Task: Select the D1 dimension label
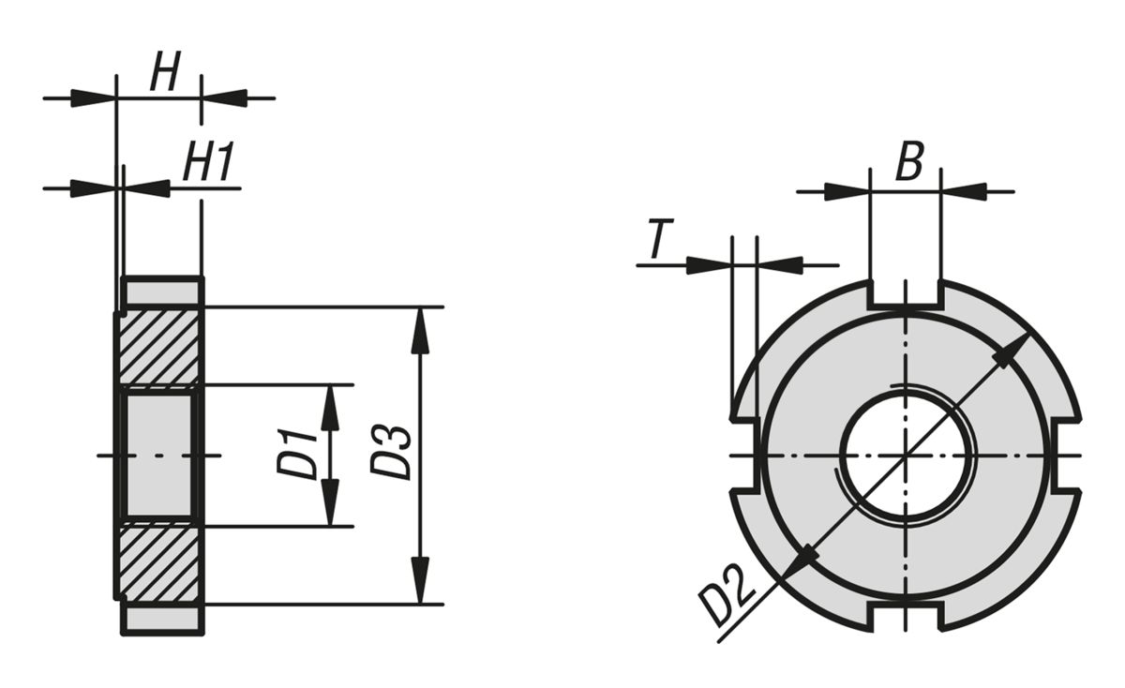coord(299,454)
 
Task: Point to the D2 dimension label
coord(728,598)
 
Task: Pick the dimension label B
coord(907,163)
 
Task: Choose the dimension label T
coord(658,241)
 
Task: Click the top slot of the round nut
coord(905,292)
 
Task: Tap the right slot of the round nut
coord(1068,456)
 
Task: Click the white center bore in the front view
coord(905,456)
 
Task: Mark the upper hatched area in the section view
coord(157,347)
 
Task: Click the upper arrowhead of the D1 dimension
coord(329,401)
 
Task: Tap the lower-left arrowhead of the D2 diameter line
coord(803,559)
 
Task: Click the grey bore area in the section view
coord(157,456)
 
